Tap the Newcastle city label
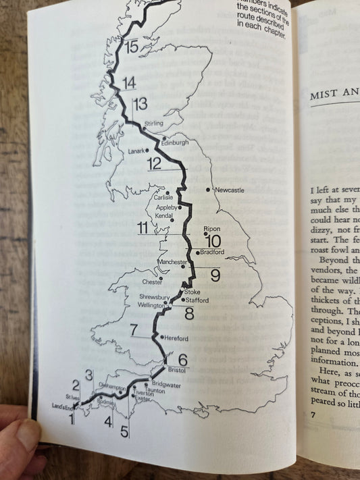(x=228, y=190)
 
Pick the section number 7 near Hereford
(x=134, y=330)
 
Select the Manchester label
(x=172, y=261)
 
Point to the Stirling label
(x=154, y=124)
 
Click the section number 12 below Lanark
(x=155, y=164)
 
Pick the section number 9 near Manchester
(x=215, y=275)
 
